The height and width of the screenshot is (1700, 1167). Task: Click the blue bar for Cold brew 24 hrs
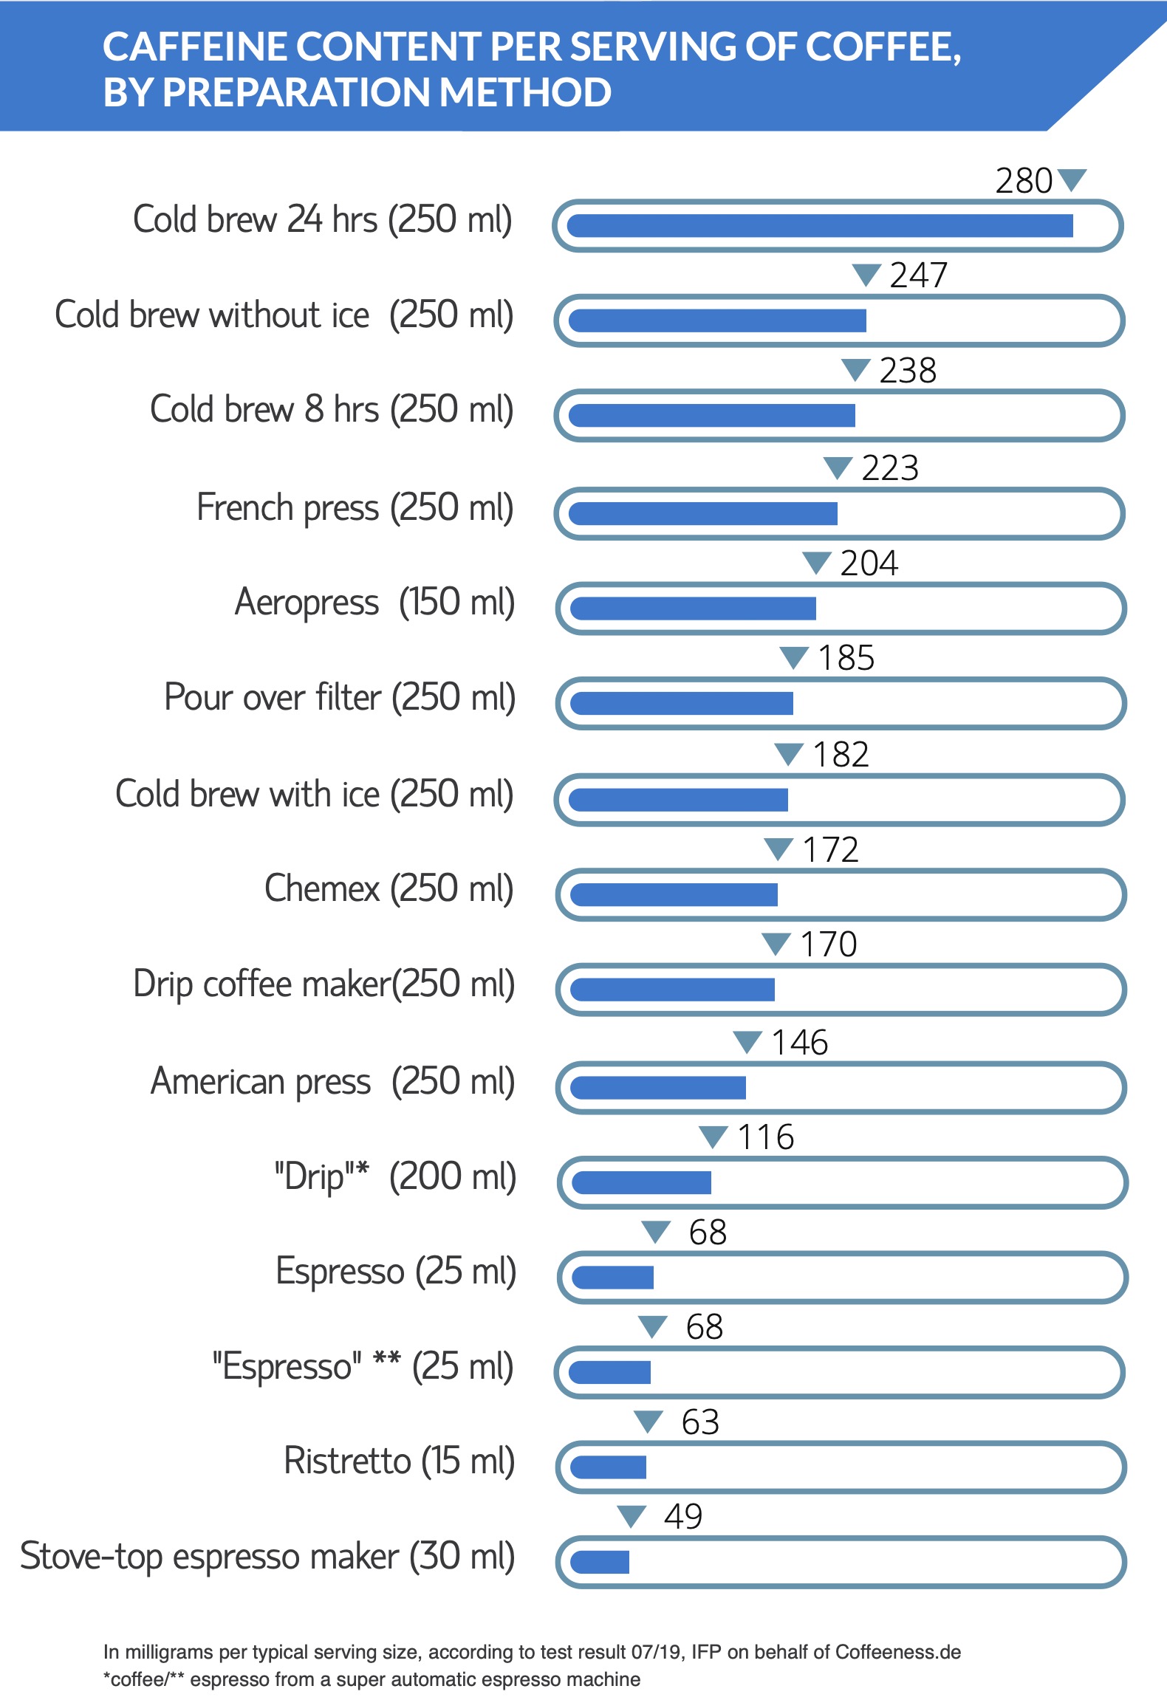[820, 226]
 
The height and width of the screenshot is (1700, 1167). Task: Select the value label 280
[1023, 181]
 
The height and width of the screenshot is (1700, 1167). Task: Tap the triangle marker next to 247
[866, 275]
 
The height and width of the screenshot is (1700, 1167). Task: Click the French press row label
[355, 508]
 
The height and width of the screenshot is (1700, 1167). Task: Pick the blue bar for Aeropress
[693, 609]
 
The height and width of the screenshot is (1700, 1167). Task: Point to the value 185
[846, 658]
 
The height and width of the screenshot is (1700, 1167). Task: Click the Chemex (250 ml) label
[389, 888]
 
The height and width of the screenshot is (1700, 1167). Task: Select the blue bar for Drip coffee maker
[672, 990]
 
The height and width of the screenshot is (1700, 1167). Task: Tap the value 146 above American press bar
[799, 1043]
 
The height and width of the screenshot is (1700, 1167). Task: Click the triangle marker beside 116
[713, 1137]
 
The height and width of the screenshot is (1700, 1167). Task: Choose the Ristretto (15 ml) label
[399, 1461]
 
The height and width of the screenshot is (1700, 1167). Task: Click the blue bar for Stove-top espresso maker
[600, 1562]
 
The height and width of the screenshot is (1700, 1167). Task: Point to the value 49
[682, 1517]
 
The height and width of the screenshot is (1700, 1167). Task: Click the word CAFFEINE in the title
[194, 47]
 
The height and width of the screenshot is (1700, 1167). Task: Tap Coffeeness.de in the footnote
[897, 1652]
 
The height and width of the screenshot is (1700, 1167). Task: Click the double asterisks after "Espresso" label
[386, 1359]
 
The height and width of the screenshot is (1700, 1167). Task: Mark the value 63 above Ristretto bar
[699, 1422]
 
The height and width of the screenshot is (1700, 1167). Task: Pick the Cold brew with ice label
[314, 795]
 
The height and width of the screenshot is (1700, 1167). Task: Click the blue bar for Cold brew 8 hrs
[712, 416]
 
